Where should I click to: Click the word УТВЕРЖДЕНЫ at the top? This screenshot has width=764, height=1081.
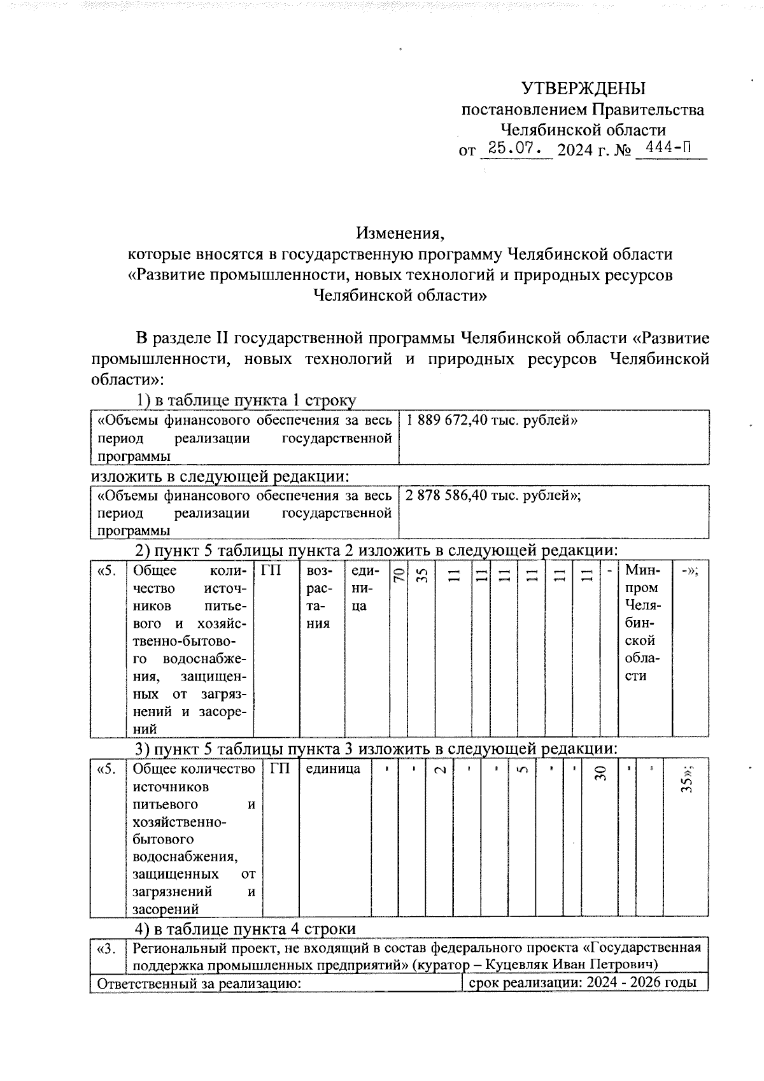click(x=583, y=88)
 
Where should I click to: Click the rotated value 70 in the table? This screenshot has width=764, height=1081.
click(x=398, y=576)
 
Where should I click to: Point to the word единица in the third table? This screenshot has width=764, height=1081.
click(x=333, y=768)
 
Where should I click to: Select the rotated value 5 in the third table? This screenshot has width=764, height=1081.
click(x=521, y=770)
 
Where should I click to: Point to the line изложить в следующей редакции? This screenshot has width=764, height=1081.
click(x=220, y=476)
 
